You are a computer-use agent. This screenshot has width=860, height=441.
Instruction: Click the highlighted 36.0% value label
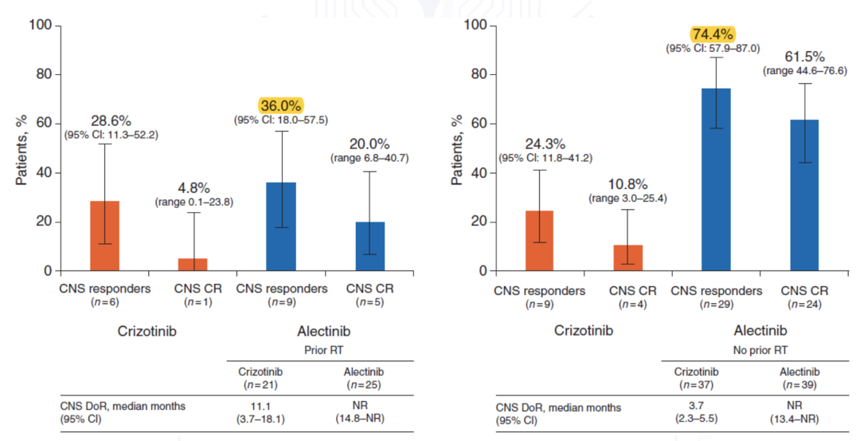(x=282, y=105)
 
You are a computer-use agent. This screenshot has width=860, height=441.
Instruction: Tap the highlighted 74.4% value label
(x=713, y=33)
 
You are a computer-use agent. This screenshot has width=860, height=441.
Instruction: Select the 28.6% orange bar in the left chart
(x=104, y=236)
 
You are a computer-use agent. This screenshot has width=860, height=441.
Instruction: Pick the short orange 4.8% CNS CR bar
(x=193, y=265)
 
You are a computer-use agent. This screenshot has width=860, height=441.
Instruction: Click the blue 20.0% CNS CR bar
(x=369, y=246)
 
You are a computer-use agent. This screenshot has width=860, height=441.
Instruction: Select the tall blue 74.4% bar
(x=716, y=179)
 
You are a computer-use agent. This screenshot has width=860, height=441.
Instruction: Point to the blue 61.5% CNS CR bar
(x=805, y=195)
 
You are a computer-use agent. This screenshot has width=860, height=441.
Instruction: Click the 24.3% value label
(x=545, y=144)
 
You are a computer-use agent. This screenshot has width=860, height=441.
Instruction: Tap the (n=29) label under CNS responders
(x=716, y=304)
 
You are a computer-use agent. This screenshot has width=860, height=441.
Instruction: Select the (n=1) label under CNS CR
(x=193, y=304)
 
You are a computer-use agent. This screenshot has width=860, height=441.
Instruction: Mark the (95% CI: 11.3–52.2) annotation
(x=111, y=135)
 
